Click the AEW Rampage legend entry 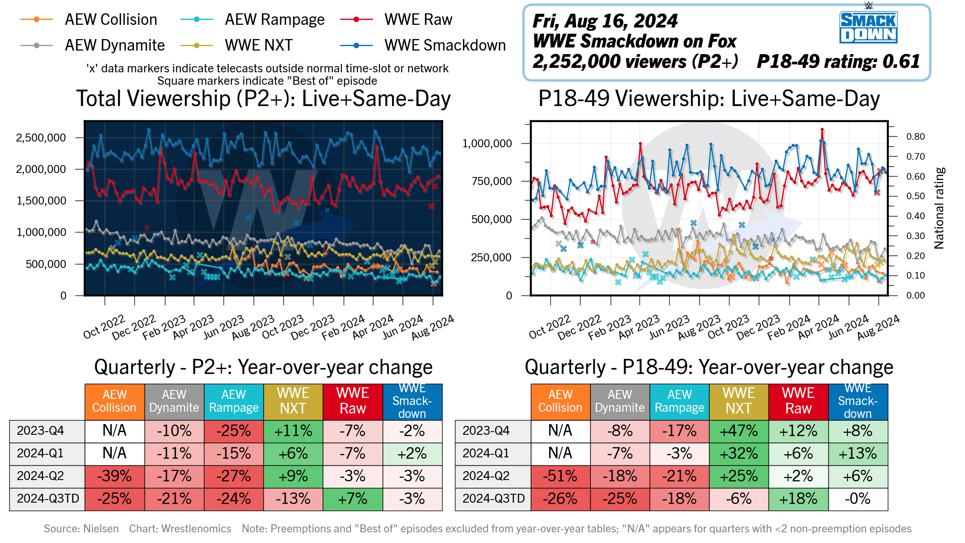click(274, 20)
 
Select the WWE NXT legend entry click(258, 45)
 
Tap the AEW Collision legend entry click(110, 20)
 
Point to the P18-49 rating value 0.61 click(901, 62)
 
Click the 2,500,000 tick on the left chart click(41, 138)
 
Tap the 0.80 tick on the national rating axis click(915, 137)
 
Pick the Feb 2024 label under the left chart click(343, 327)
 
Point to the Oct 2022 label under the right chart click(549, 327)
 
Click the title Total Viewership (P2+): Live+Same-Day click(263, 98)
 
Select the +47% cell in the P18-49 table click(739, 431)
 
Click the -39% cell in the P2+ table click(114, 476)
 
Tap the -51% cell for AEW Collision click(560, 476)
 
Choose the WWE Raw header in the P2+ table click(353, 401)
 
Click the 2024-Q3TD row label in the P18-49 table click(493, 499)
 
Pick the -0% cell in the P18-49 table click(858, 499)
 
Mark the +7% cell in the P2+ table click(353, 499)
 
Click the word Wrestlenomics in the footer click(196, 529)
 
